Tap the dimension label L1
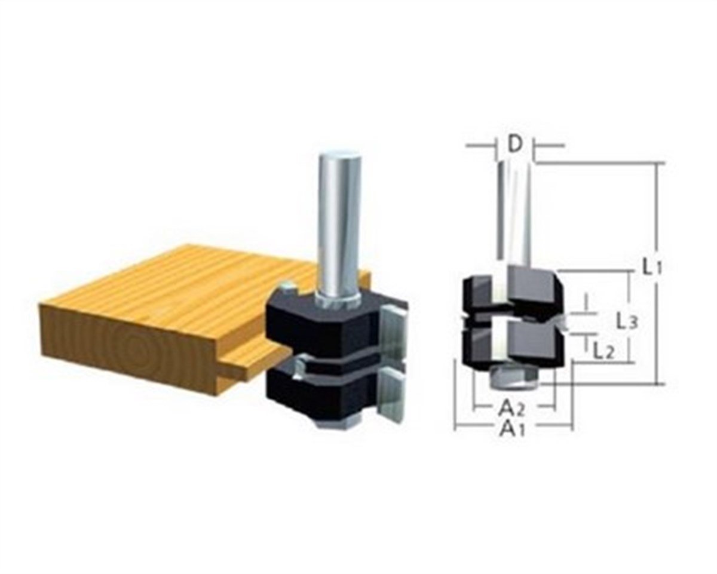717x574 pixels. point(652,267)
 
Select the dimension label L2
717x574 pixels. point(603,352)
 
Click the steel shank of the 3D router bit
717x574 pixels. point(339,221)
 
